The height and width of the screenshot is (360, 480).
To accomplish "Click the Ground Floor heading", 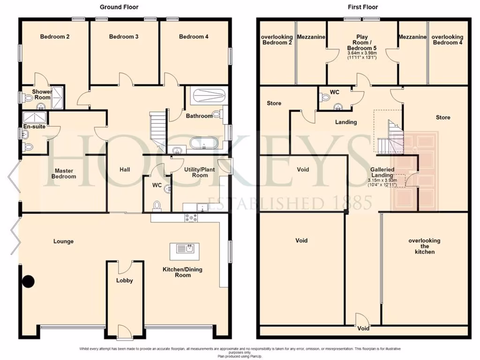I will pos(119,7).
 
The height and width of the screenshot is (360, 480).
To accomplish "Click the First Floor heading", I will pos(363,7).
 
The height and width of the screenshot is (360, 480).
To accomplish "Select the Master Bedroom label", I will pos(64,173).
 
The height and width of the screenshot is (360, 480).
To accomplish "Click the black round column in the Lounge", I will pos(29,281).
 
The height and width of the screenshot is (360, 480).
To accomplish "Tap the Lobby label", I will pos(124,280).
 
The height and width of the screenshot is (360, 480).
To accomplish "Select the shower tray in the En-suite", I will pos(35,117).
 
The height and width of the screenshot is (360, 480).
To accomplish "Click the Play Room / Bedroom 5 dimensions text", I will pos(362,56).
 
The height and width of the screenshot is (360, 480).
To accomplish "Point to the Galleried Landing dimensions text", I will pos(382,183).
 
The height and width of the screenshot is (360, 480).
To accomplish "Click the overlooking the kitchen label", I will pos(424,246).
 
